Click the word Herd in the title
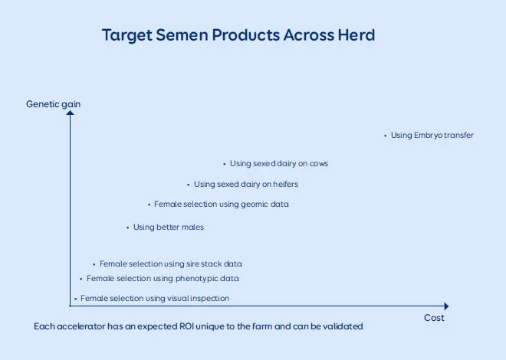(356, 34)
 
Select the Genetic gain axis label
(53, 104)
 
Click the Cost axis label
(434, 318)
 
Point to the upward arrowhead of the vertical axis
(70, 113)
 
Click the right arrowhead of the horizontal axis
(447, 306)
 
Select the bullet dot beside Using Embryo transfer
(386, 136)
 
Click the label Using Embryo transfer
(432, 135)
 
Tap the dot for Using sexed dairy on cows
(225, 165)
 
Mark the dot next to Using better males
(128, 227)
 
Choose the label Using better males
(169, 227)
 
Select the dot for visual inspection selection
(75, 299)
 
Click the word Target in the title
(127, 35)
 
